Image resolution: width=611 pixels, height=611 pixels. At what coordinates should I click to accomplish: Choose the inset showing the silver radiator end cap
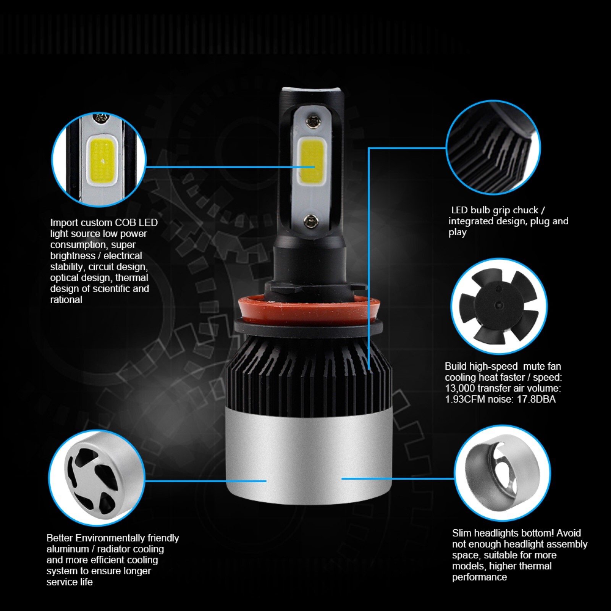pyautogui.click(x=97, y=477)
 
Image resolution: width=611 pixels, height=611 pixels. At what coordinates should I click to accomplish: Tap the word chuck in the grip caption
pyautogui.click(x=525, y=210)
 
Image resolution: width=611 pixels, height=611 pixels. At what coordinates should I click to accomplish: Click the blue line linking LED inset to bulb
pyautogui.click(x=230, y=167)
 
